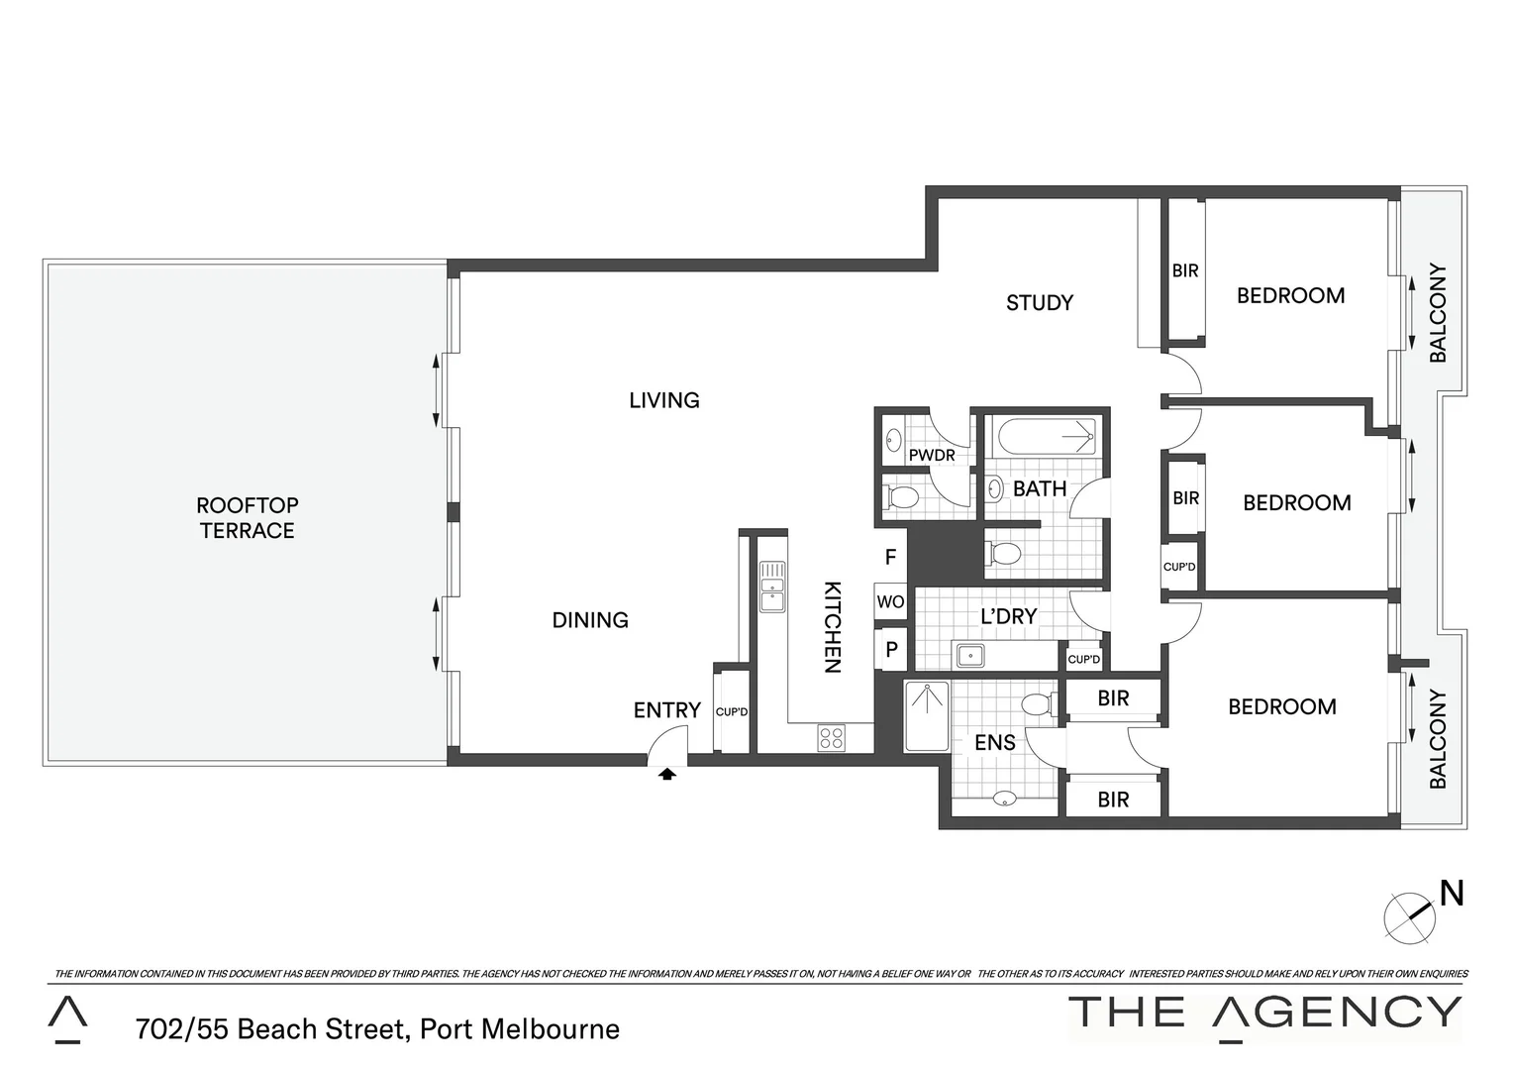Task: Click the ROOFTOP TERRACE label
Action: coord(247,518)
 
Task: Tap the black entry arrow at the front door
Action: coord(667,774)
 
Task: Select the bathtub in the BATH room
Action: coord(1046,436)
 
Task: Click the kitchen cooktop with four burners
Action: coord(831,737)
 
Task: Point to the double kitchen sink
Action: coord(771,587)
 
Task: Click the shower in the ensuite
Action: coord(927,715)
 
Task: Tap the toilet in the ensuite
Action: coord(1037,704)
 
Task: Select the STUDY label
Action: coord(1039,303)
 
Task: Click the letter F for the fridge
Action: coord(890,558)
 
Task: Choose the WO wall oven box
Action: coord(890,602)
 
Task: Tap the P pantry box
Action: coord(891,650)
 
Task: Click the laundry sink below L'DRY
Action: coord(970,654)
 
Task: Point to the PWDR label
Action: coord(931,456)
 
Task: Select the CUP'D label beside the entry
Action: coord(732,711)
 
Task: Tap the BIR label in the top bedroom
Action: coord(1185,270)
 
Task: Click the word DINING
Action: coord(590,620)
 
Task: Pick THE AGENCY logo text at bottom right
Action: coord(1264,1013)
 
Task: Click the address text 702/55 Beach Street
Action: coord(377,1029)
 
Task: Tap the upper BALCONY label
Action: coord(1438,313)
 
